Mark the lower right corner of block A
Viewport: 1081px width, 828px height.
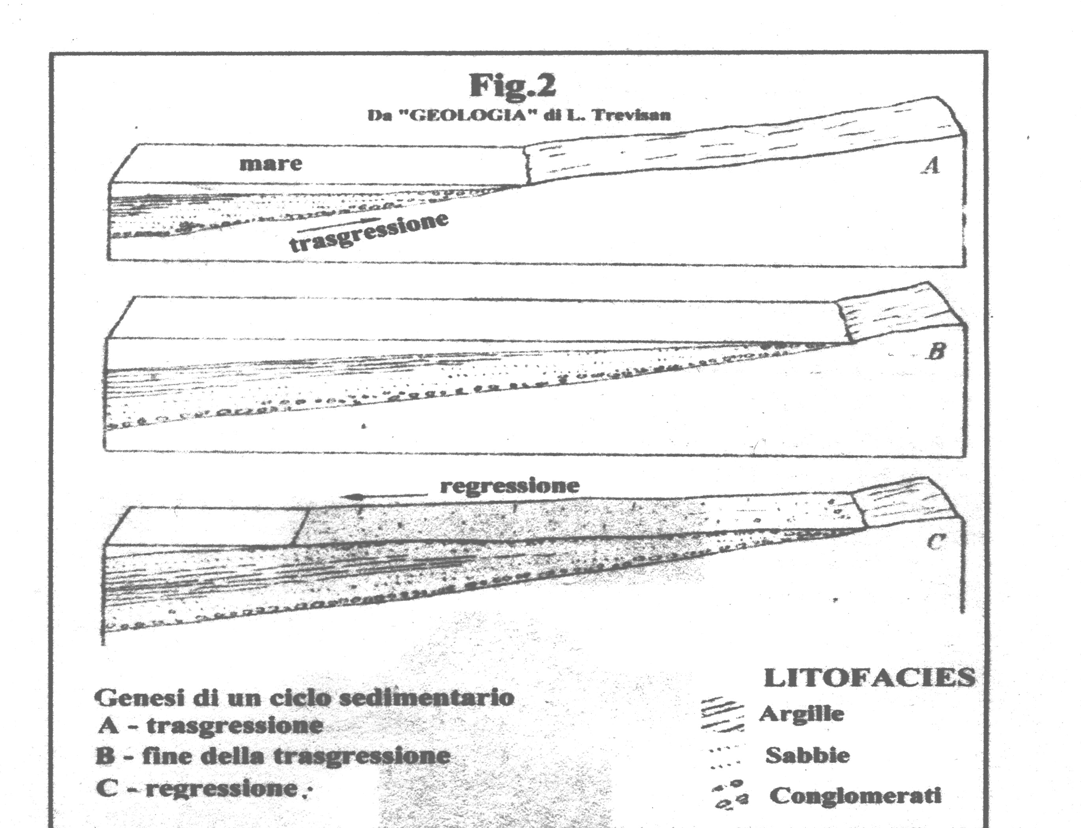coord(964,267)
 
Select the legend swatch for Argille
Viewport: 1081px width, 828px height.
coord(722,713)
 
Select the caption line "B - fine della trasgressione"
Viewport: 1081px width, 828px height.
coord(273,756)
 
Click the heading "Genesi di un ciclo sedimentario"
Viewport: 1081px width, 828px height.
coord(304,697)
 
